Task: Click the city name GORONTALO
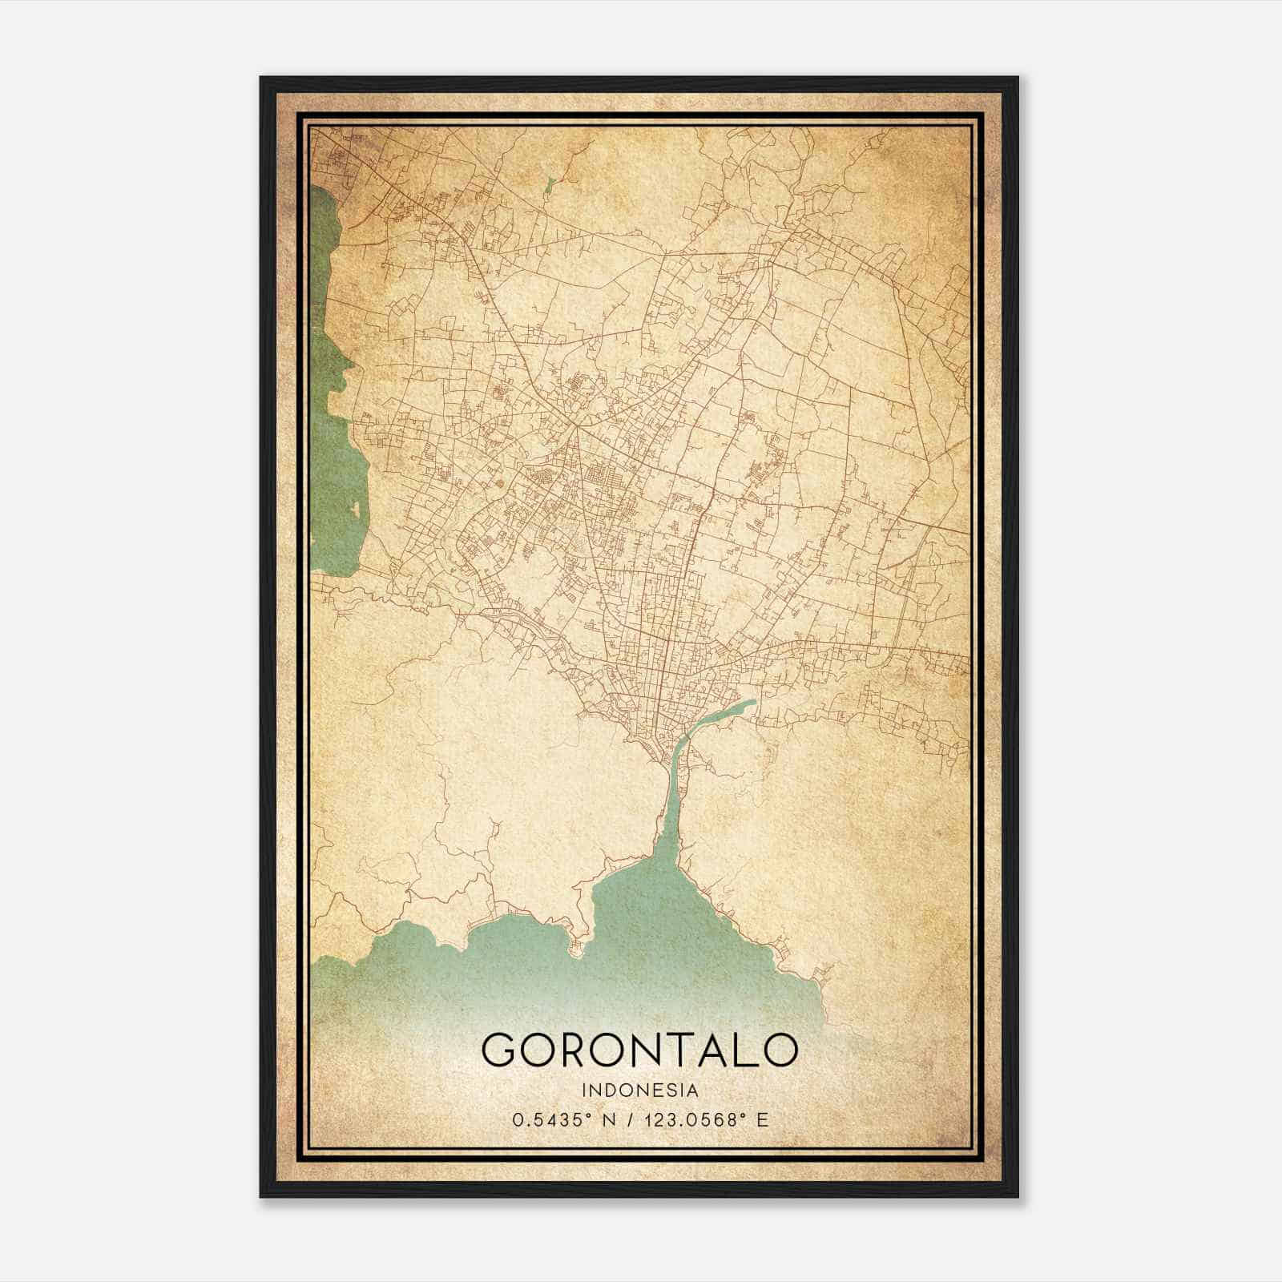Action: [639, 1049]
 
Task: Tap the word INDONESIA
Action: [640, 1090]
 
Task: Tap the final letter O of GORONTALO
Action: [778, 1049]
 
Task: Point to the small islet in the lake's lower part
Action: [353, 508]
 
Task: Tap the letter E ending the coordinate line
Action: [762, 1119]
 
